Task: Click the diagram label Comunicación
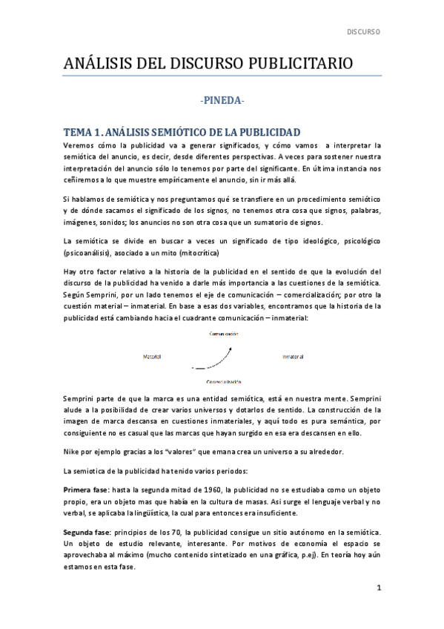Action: pyautogui.click(x=222, y=335)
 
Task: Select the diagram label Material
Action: pyautogui.click(x=152, y=357)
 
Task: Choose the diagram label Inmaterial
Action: pyautogui.click(x=293, y=357)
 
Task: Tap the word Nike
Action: pyautogui.click(x=73, y=451)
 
